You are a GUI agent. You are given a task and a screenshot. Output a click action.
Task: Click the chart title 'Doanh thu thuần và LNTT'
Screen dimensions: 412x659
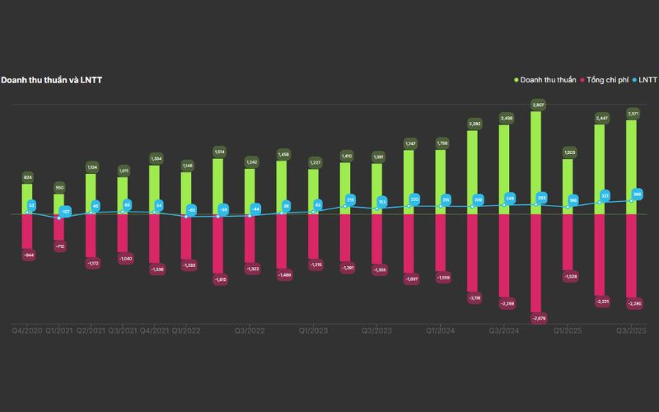point(51,80)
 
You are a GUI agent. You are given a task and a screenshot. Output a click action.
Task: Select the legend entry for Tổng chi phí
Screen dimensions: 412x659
point(610,80)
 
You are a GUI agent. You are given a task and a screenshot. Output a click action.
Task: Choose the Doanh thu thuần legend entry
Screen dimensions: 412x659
point(549,80)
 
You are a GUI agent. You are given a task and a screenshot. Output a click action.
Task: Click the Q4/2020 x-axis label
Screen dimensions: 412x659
point(27,330)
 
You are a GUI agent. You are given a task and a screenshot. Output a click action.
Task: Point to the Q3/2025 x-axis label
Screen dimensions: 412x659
point(632,330)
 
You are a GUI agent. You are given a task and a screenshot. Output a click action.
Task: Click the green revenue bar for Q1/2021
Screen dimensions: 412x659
point(59,204)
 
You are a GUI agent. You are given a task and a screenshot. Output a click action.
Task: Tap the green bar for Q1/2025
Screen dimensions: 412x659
point(568,186)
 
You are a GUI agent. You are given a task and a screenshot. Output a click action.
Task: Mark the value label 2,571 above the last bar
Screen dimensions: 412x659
point(633,113)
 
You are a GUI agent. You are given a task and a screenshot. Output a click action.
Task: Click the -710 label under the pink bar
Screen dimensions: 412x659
point(59,246)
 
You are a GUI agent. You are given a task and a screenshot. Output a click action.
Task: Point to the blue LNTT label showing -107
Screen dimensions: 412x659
point(65,212)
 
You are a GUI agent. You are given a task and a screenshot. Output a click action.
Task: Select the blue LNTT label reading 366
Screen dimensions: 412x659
point(637,194)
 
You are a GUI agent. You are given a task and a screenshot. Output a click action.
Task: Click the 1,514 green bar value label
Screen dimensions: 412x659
point(218,152)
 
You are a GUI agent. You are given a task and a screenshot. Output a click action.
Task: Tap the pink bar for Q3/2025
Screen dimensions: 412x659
point(633,255)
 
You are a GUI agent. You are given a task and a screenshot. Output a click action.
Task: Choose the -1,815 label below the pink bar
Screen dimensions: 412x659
point(218,280)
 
